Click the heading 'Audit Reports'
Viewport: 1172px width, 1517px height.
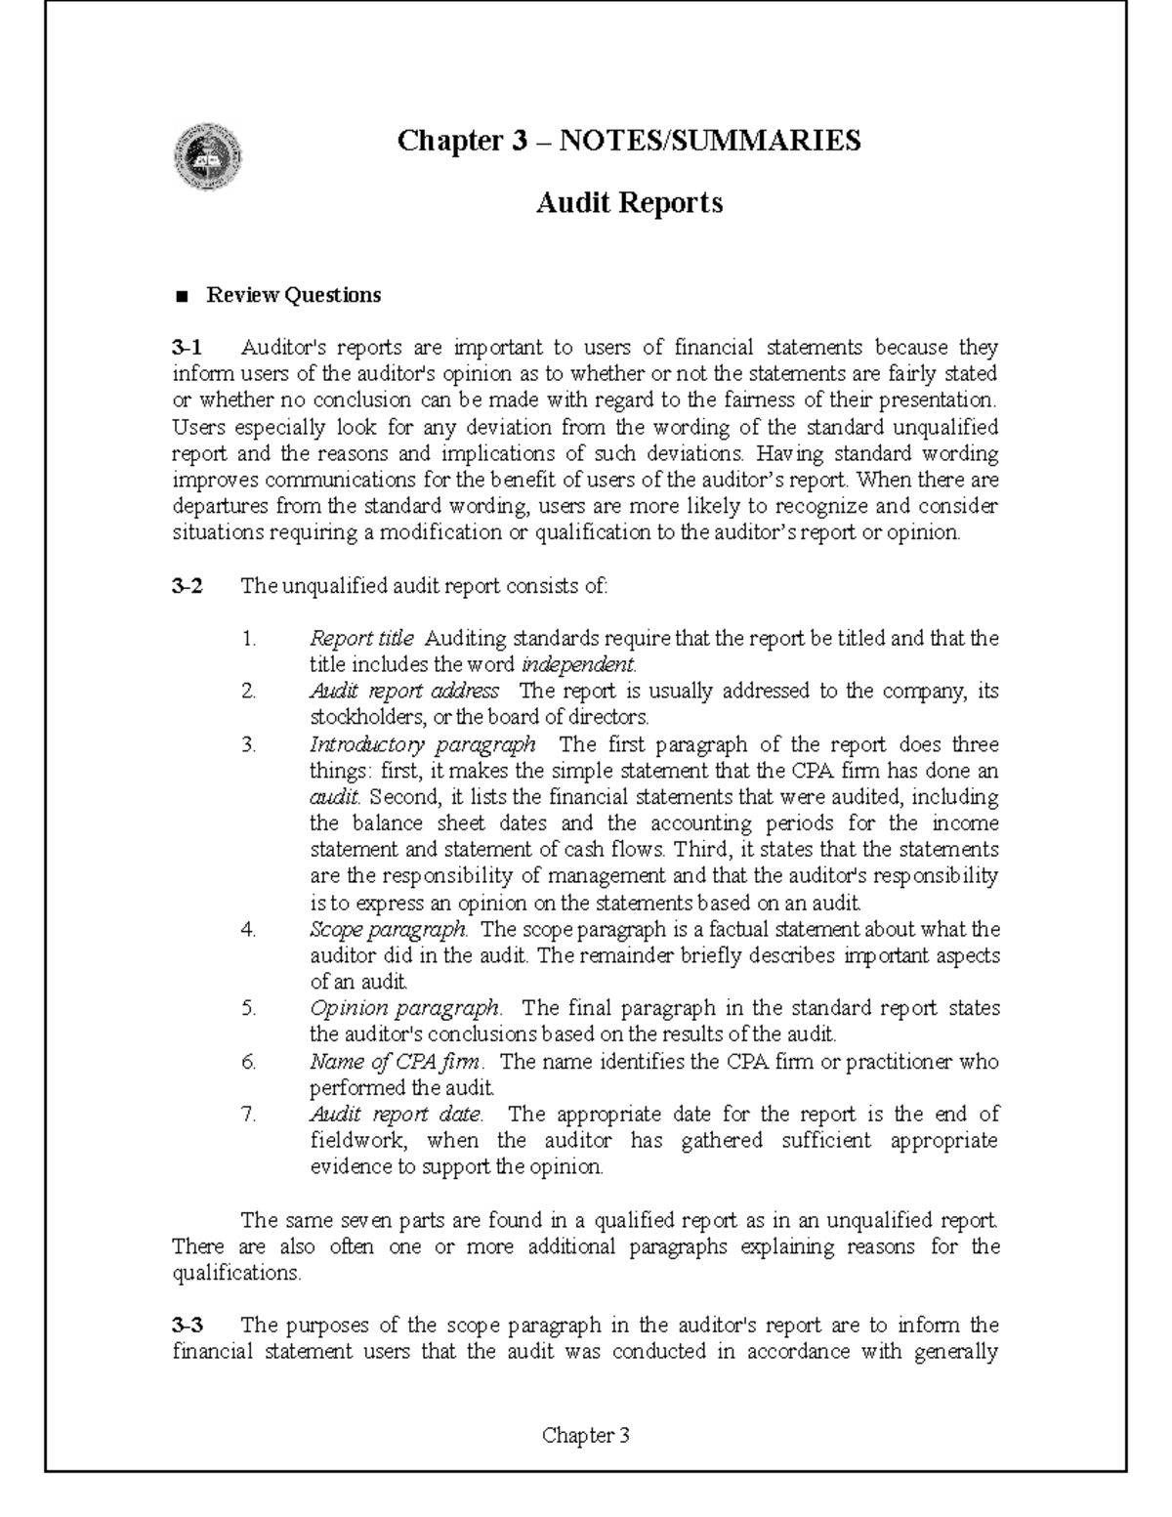tap(630, 202)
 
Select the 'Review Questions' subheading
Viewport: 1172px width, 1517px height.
tap(292, 294)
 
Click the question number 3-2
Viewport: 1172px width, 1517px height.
tap(188, 586)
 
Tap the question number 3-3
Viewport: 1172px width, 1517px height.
tap(188, 1325)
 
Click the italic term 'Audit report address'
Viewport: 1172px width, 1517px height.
tap(404, 691)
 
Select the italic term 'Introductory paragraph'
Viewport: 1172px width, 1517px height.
tap(422, 744)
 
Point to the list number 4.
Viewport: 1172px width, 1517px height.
tap(248, 929)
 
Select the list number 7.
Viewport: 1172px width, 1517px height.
tap(248, 1114)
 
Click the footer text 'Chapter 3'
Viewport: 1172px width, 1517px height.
tap(586, 1435)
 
